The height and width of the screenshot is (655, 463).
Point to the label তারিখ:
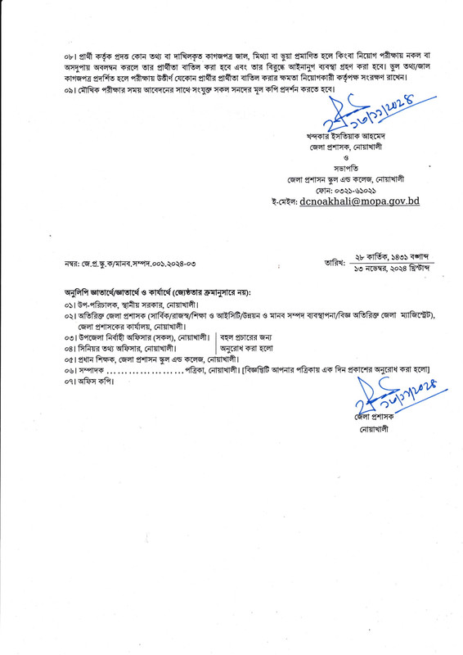point(336,262)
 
